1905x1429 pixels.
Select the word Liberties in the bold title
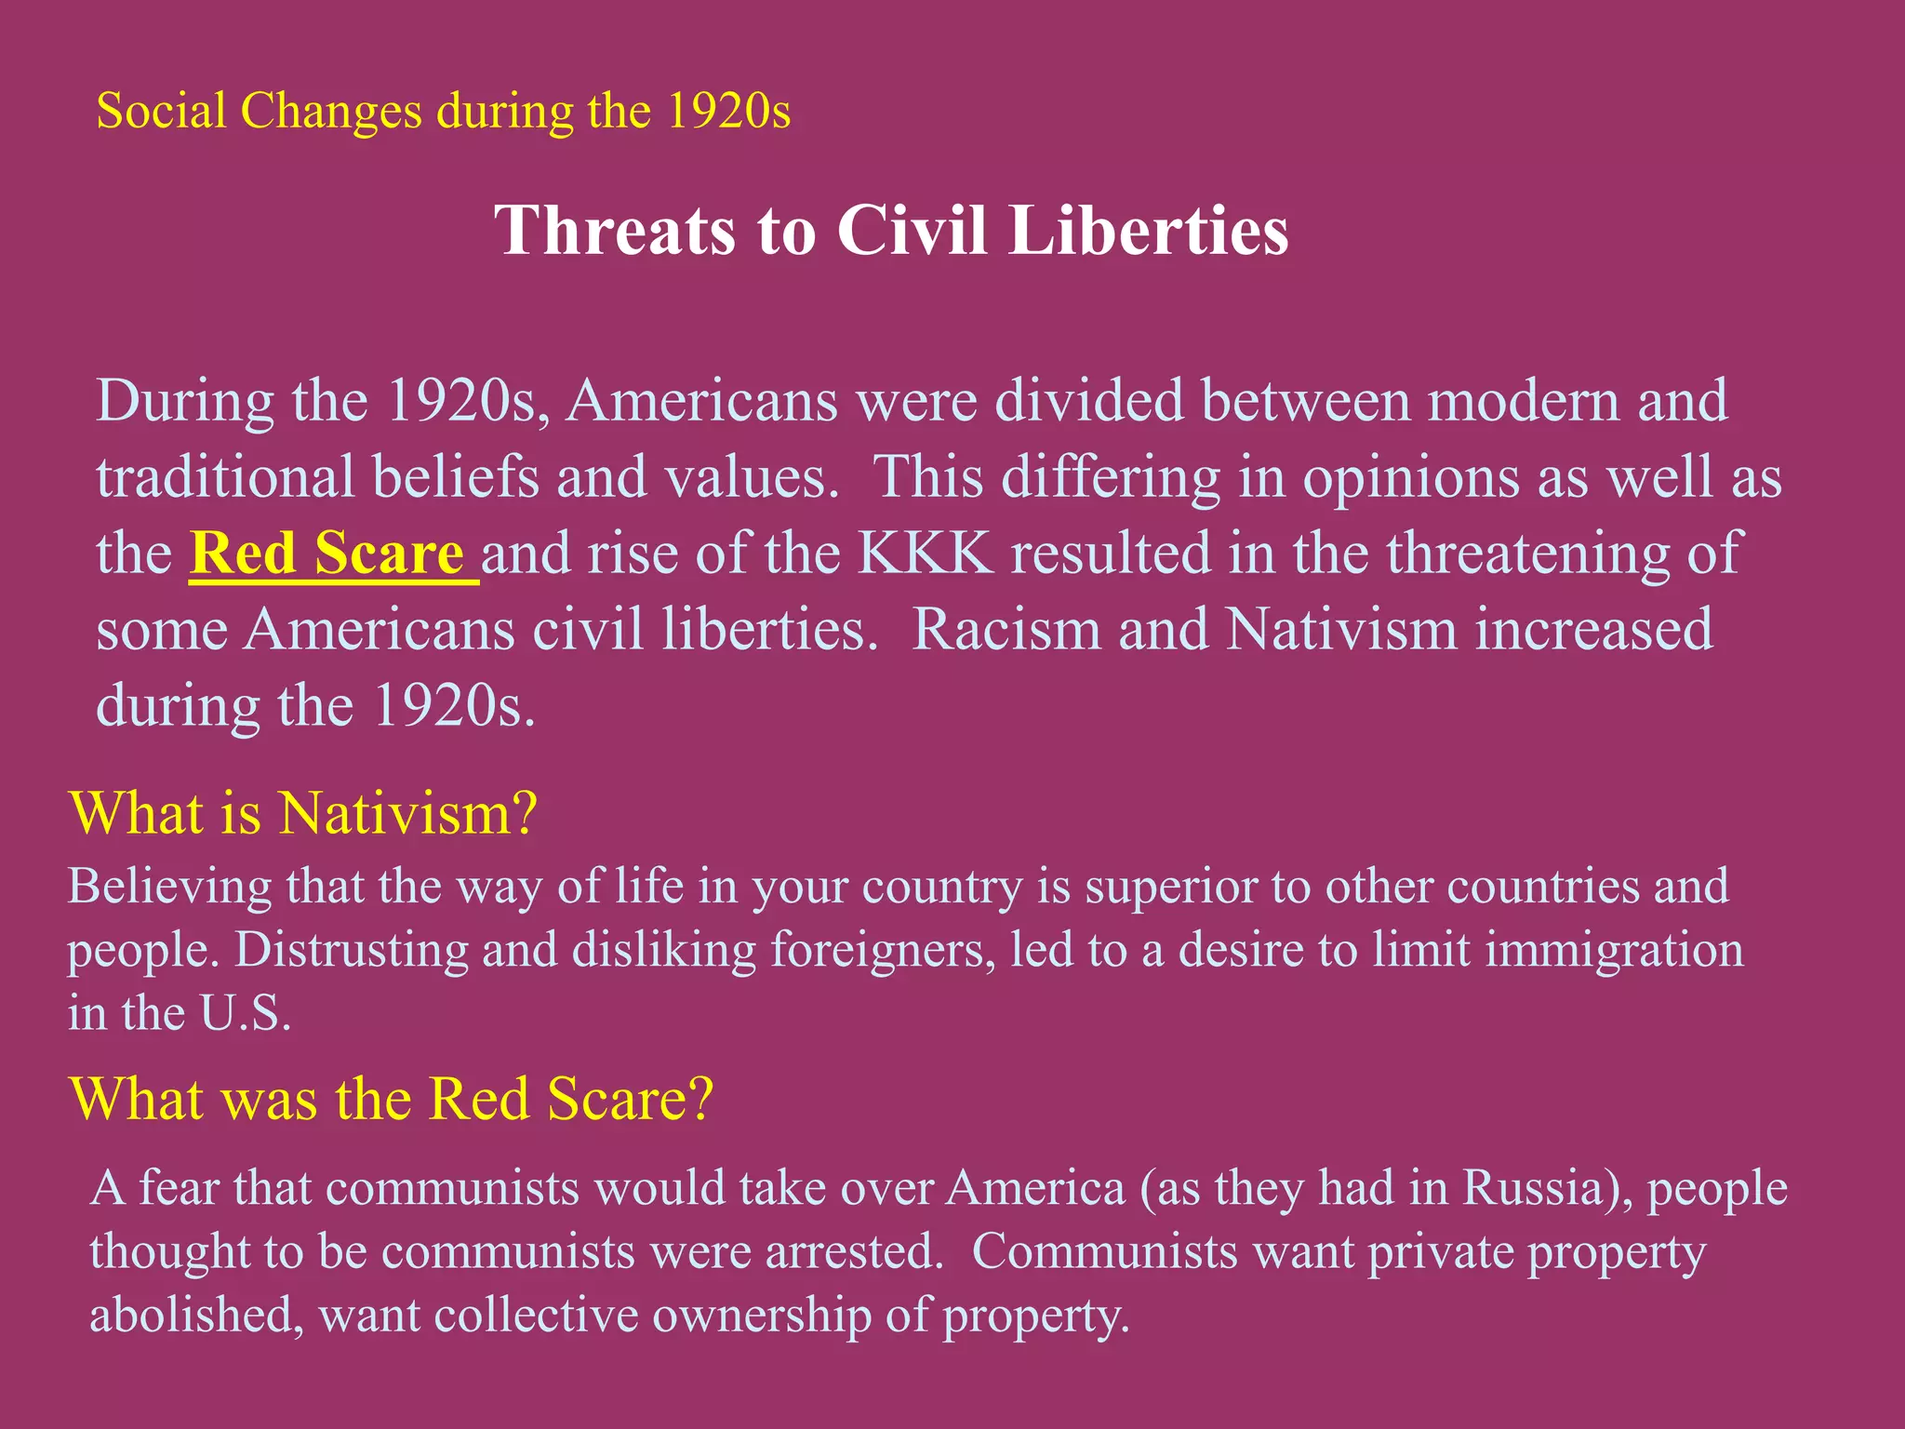point(1149,230)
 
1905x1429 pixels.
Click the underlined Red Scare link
point(327,554)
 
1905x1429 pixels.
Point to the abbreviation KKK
point(926,554)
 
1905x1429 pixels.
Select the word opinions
point(1410,479)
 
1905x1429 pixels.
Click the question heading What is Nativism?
point(304,813)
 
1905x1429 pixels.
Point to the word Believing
point(170,887)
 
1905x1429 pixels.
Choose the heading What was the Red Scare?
point(392,1099)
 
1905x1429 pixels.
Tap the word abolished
point(196,1315)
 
